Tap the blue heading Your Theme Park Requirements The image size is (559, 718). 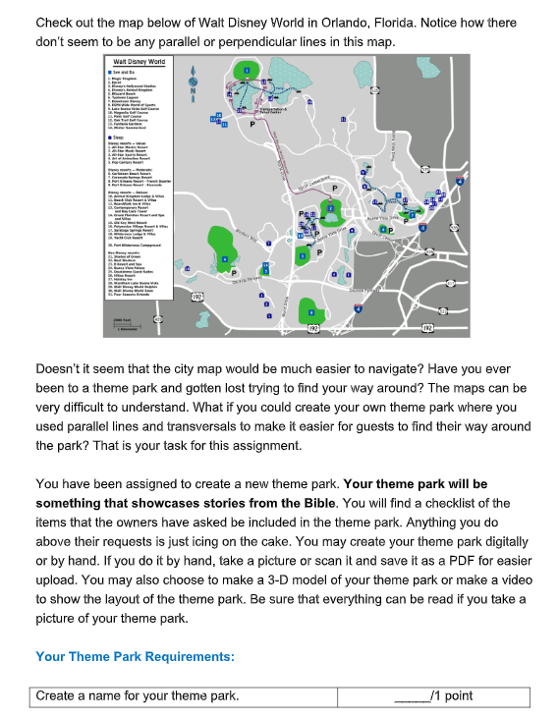pos(135,656)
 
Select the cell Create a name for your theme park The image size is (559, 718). pos(138,696)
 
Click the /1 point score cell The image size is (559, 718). pos(433,696)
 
